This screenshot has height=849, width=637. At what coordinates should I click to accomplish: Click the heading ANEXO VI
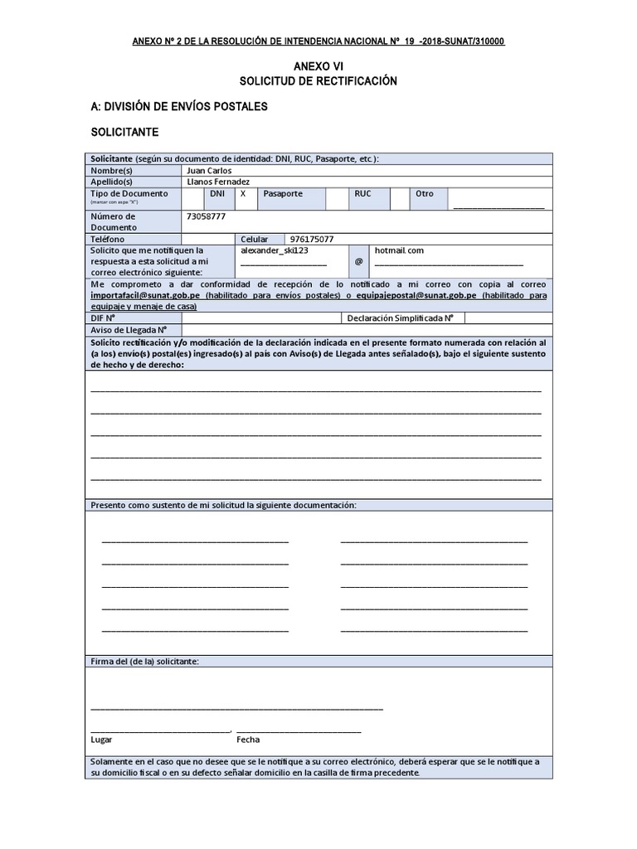(x=318, y=65)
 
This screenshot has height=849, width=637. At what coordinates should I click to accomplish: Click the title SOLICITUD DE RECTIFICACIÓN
(x=318, y=81)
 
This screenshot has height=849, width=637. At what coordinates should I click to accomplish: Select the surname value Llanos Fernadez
(x=219, y=182)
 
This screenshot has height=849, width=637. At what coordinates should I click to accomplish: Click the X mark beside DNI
(x=243, y=194)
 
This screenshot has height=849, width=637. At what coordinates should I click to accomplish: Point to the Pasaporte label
(x=283, y=194)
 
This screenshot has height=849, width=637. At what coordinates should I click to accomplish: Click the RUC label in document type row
(x=362, y=194)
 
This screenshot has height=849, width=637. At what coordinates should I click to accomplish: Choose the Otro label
(x=425, y=194)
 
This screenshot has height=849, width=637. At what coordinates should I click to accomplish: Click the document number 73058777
(x=207, y=216)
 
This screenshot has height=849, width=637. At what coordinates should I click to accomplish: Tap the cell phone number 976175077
(x=312, y=239)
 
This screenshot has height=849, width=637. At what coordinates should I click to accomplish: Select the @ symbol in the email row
(x=358, y=260)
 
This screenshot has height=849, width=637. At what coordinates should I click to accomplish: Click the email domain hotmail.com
(x=399, y=250)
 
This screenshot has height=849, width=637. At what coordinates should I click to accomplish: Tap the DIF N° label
(x=103, y=318)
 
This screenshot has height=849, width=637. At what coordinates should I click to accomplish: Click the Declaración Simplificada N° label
(x=400, y=318)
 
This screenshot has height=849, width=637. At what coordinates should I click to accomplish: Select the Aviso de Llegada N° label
(x=124, y=329)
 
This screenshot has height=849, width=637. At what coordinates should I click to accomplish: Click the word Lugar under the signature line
(x=101, y=740)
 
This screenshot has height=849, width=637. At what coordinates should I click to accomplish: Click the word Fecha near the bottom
(x=248, y=740)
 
